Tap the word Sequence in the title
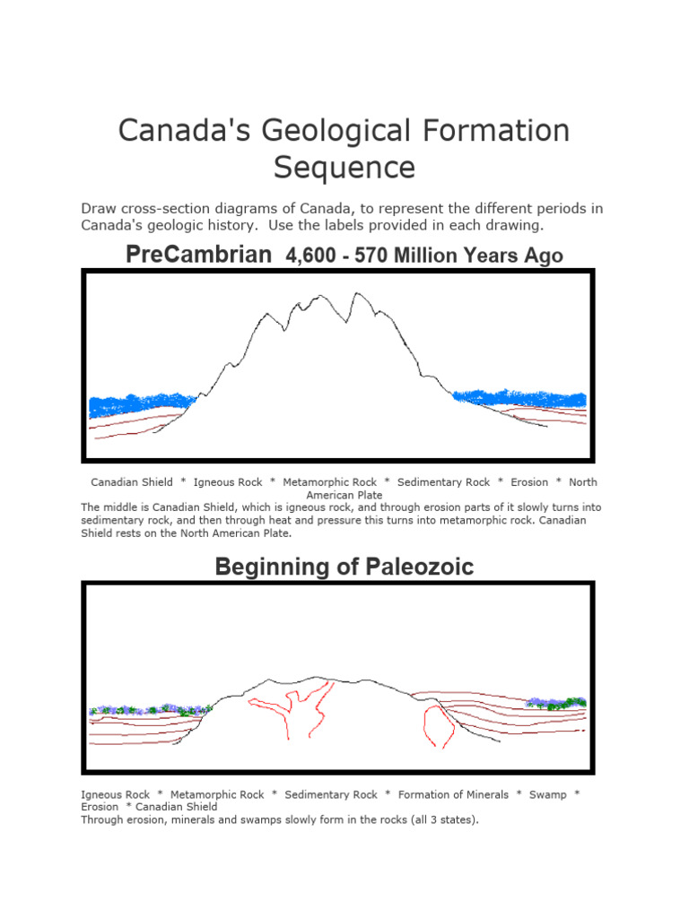[x=344, y=168]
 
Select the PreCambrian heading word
[x=198, y=255]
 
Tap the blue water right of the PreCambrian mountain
[x=520, y=397]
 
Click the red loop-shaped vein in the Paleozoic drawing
[x=437, y=724]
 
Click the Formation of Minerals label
[x=453, y=794]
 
